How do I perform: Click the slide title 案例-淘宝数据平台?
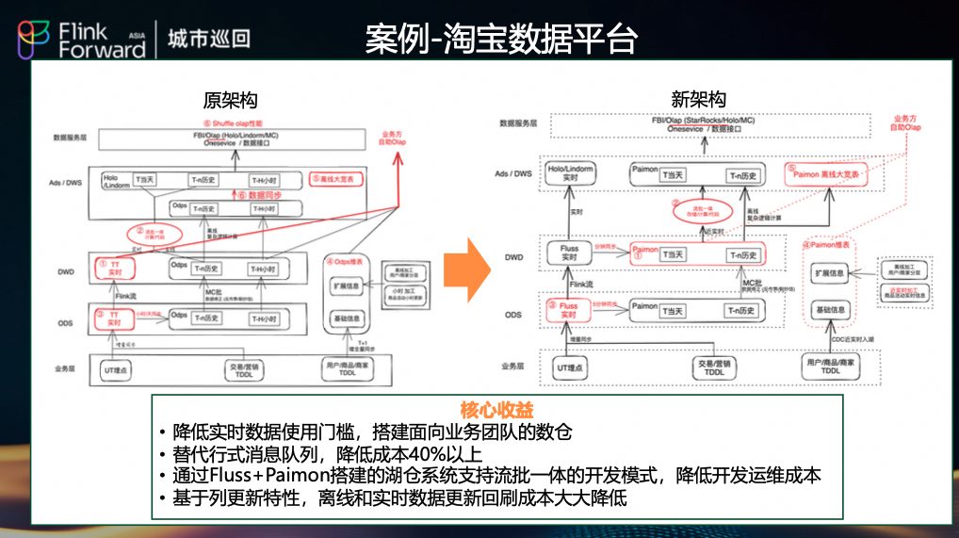[x=501, y=39]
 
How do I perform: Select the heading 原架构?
[x=230, y=100]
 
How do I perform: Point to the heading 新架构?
[x=698, y=100]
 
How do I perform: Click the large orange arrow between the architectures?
[x=466, y=269]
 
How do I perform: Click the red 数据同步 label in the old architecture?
[x=253, y=195]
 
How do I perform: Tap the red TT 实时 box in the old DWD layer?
[x=113, y=268]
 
